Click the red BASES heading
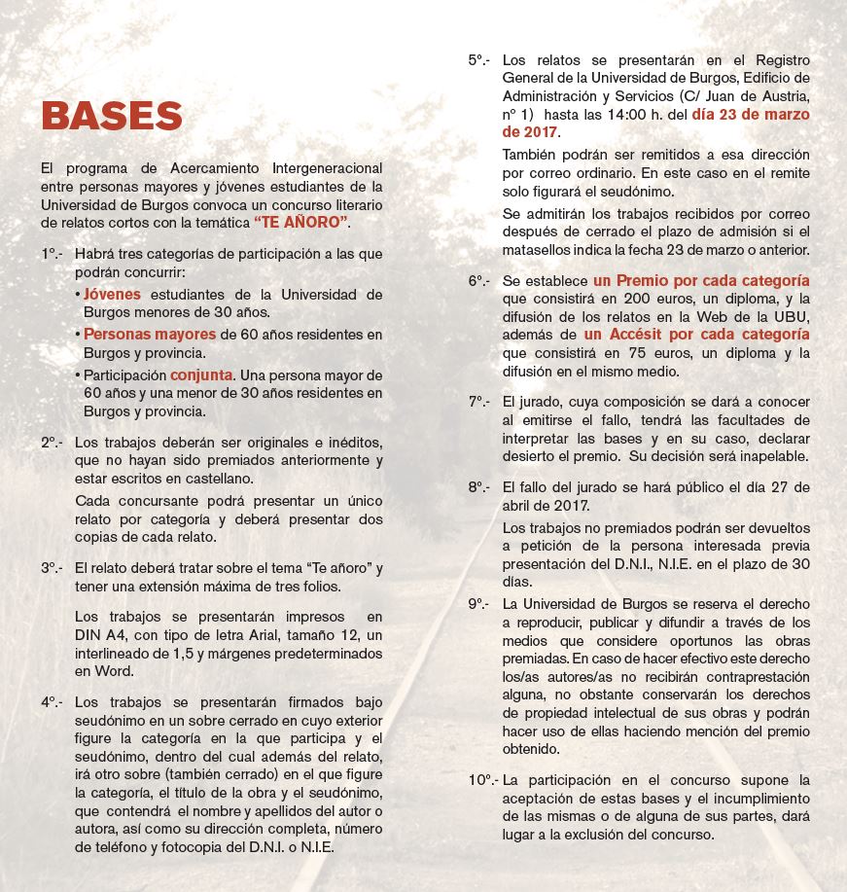[112, 116]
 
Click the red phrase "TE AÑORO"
[302, 223]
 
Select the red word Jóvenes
[112, 294]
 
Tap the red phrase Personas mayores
[150, 334]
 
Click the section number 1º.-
[53, 254]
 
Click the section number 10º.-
[483, 780]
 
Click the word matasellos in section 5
[542, 250]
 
